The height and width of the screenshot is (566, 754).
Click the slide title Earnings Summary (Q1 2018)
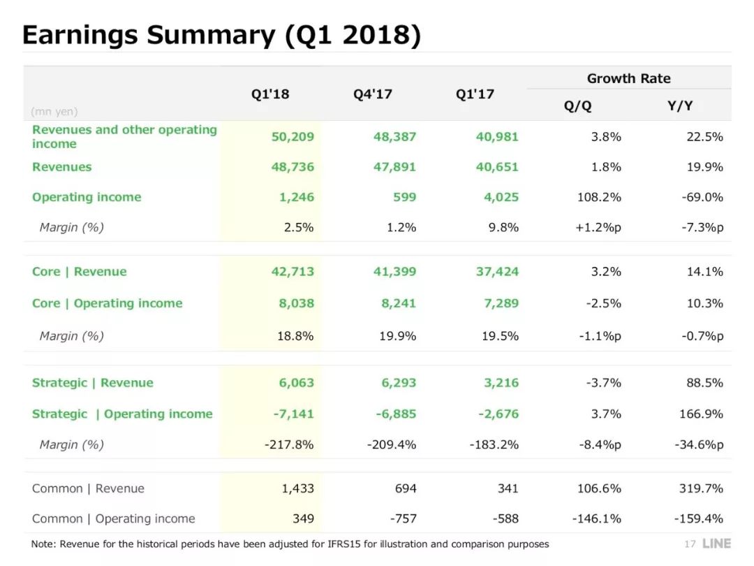click(221, 35)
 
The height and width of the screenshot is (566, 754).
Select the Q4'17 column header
click(372, 94)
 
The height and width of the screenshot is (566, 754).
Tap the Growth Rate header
click(628, 78)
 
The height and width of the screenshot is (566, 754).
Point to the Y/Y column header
click(679, 106)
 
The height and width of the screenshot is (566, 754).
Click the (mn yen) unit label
click(54, 111)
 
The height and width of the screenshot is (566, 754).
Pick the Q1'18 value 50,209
click(293, 136)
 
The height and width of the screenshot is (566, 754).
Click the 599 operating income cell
click(404, 197)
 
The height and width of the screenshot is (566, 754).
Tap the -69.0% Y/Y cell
click(702, 197)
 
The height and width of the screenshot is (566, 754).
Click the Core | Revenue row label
click(80, 272)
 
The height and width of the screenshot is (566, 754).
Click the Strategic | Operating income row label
click(122, 414)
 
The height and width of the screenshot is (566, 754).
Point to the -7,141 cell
click(293, 414)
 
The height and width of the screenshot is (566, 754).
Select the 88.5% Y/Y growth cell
click(704, 383)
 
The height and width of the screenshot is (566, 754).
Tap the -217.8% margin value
click(289, 444)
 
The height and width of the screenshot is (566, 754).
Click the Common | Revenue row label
click(89, 488)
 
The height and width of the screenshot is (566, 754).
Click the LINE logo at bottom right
click(716, 544)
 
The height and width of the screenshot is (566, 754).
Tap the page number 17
click(690, 544)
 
